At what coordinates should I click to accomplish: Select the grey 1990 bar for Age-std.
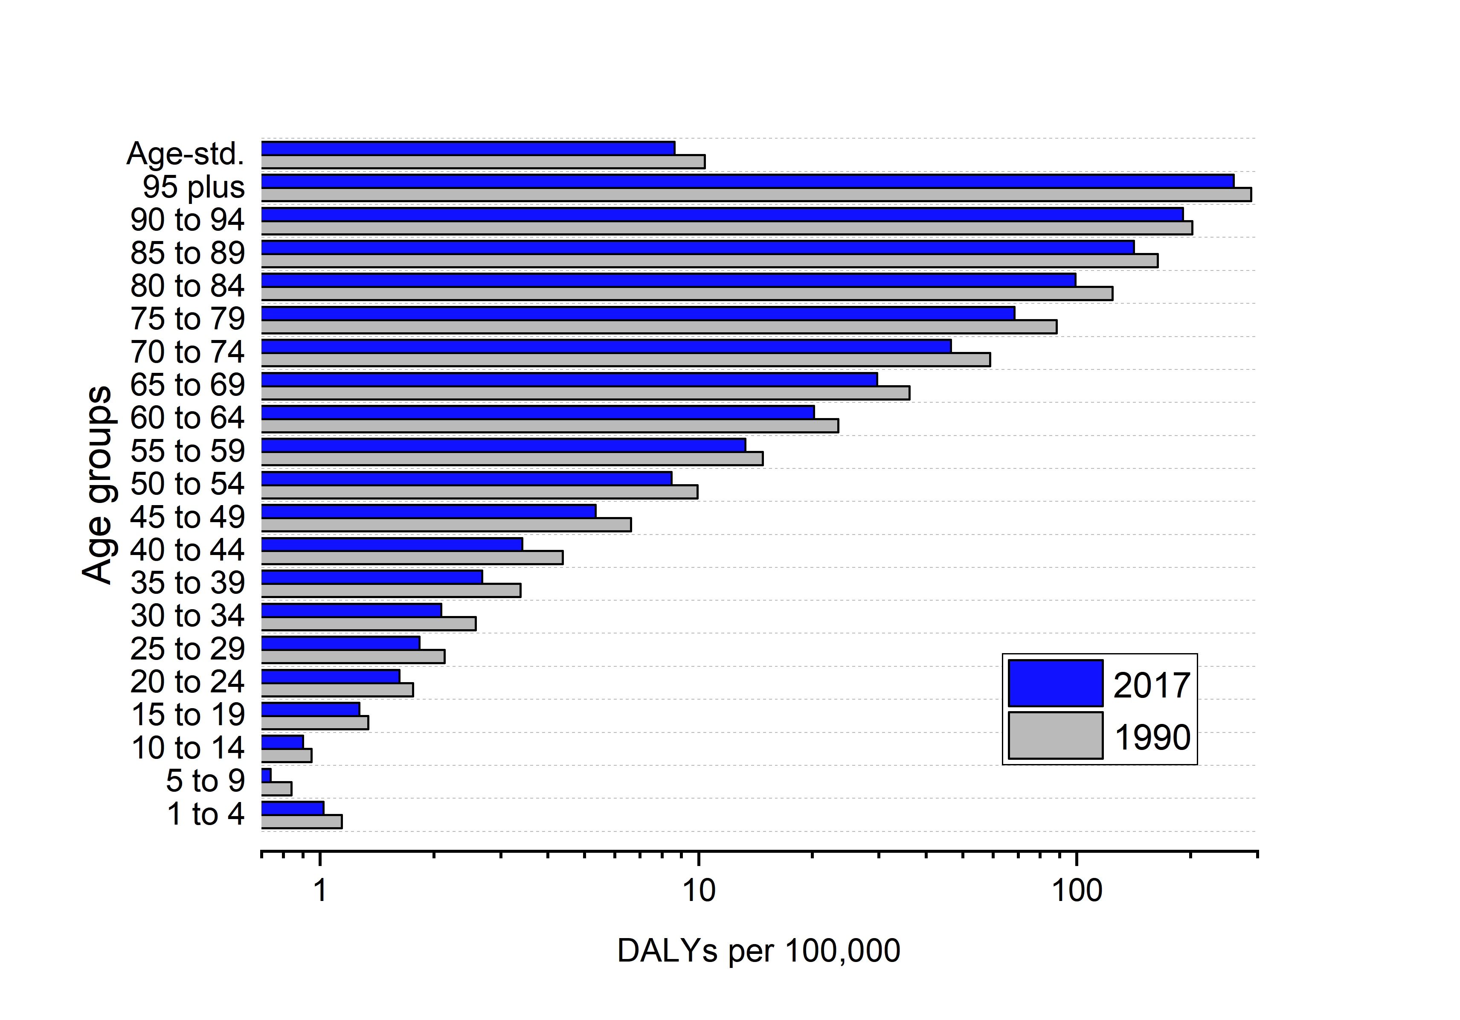483,162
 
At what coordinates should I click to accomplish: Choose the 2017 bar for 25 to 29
341,643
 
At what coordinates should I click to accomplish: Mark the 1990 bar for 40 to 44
412,558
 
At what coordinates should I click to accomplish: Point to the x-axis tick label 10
699,891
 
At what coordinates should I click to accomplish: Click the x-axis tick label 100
1077,891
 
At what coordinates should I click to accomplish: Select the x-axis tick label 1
320,891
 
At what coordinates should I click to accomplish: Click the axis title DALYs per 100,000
759,951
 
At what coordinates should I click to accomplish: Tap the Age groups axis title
97,485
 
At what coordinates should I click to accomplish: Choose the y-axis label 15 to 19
188,715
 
